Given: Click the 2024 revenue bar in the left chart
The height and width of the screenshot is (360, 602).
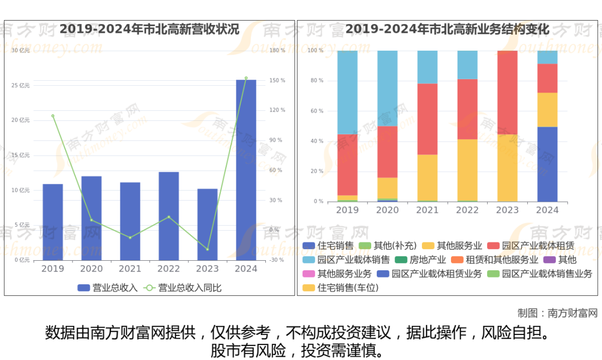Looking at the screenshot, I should pos(246,170).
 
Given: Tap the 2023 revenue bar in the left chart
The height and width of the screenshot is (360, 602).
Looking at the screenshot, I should pos(207,224).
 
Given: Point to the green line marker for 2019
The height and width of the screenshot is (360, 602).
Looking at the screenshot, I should pos(53,116).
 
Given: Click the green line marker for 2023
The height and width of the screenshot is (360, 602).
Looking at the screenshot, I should pos(207,249).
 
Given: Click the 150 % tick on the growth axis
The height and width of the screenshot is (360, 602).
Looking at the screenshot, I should pos(277,80).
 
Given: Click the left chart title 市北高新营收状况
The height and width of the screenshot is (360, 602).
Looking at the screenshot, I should pos(149,29).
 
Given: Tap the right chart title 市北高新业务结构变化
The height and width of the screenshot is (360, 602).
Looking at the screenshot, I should pos(448,29).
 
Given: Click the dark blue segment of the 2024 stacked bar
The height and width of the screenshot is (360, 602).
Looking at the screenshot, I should pos(547,164).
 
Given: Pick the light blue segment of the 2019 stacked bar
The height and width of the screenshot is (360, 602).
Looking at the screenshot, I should pos(347,93).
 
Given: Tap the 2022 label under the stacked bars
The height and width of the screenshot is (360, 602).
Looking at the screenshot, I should pos(467,210).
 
